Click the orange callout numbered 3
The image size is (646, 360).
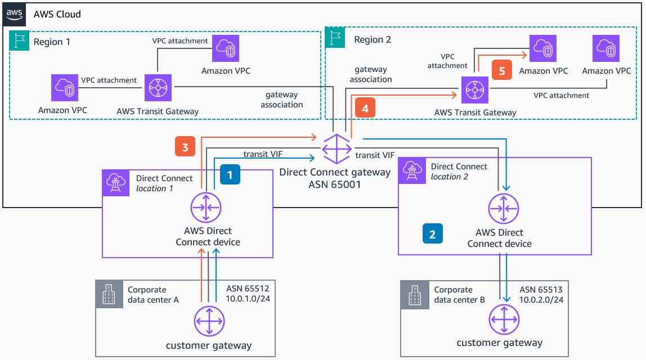185,147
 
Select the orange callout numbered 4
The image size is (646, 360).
365,109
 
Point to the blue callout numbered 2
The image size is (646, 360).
432,233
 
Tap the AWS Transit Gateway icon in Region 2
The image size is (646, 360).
475,90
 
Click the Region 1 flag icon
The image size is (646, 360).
19,41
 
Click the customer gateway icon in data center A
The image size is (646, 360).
209,321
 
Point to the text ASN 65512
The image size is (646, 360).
249,289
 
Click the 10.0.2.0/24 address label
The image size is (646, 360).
541,300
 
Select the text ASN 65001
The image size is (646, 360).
334,183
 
